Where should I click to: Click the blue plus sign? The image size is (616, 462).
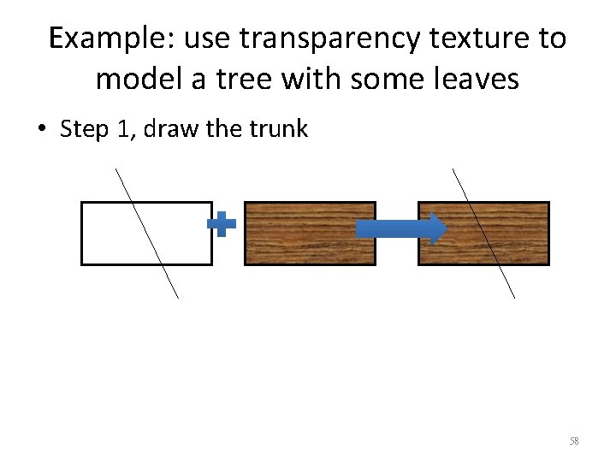[x=222, y=225]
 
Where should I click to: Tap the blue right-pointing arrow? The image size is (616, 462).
[x=400, y=228]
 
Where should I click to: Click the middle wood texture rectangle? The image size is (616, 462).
[x=310, y=233]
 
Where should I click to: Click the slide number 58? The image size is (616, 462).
[x=574, y=441]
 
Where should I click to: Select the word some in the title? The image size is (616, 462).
[x=381, y=80]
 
